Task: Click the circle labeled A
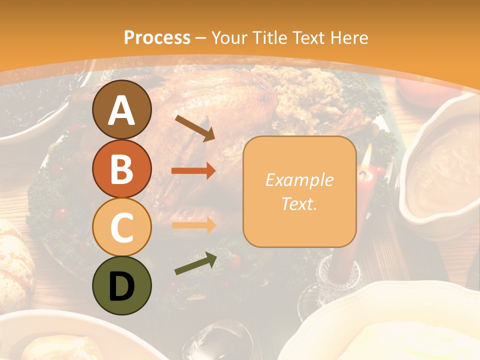point(121,109)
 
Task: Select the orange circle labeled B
point(121,168)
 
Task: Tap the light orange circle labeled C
point(121,227)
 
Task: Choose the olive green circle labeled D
point(121,285)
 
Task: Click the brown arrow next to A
point(195,127)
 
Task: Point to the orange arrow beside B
point(193,171)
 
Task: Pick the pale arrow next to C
point(193,224)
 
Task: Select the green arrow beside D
point(195,263)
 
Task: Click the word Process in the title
point(157,37)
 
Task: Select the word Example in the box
point(299,180)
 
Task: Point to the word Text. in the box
point(299,203)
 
